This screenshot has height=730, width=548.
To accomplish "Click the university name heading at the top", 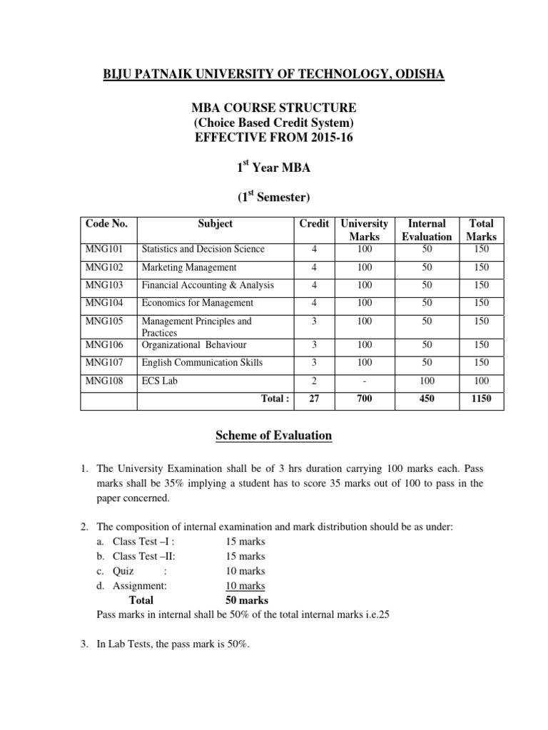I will [275, 74].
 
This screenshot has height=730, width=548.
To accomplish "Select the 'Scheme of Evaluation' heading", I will [274, 436].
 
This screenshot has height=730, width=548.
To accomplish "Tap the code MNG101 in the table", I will [103, 249].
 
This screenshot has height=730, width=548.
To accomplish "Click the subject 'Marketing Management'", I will [189, 267].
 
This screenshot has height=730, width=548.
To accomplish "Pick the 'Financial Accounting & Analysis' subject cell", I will [208, 285].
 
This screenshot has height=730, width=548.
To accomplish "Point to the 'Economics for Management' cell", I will [197, 303].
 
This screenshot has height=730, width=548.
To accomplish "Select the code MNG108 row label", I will [103, 381].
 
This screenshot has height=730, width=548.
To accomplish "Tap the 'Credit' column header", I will [314, 224].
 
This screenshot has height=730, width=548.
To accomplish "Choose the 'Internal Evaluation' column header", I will [427, 230].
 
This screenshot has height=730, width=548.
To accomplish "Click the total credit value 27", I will [314, 400].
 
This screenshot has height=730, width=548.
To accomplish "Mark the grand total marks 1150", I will [481, 400].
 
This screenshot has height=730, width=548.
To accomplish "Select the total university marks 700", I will [365, 400].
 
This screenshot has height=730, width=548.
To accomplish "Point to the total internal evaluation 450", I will [427, 400].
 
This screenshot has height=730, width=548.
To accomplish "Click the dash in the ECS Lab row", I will [365, 381].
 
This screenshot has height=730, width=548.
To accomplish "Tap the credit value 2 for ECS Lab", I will [314, 381].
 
